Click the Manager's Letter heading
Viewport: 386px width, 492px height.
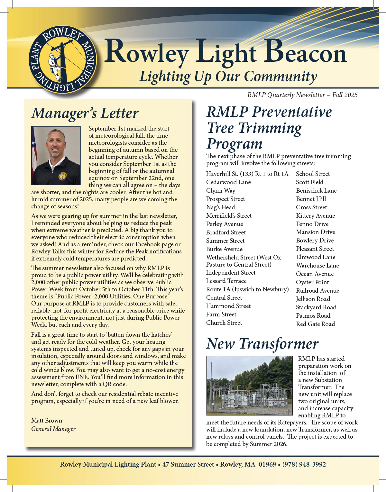[85, 113]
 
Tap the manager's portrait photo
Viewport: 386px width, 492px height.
[56, 156]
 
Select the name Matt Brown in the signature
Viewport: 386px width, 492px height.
[47, 421]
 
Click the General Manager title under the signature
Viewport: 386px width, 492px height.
[53, 429]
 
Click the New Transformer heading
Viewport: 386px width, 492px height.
[262, 344]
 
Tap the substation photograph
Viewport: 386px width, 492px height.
[249, 385]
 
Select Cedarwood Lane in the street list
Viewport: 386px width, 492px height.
[228, 182]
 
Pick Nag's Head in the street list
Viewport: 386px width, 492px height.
[220, 207]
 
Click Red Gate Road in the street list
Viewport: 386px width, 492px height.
[315, 324]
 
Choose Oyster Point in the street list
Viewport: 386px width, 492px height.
[312, 282]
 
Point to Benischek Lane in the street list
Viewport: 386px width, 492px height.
[316, 191]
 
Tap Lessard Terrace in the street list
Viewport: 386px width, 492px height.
[226, 281]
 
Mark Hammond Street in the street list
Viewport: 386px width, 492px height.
[228, 306]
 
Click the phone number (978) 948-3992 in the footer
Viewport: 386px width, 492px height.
[304, 465]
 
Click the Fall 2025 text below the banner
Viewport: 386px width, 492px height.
[345, 95]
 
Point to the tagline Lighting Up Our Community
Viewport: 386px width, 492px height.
[228, 77]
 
